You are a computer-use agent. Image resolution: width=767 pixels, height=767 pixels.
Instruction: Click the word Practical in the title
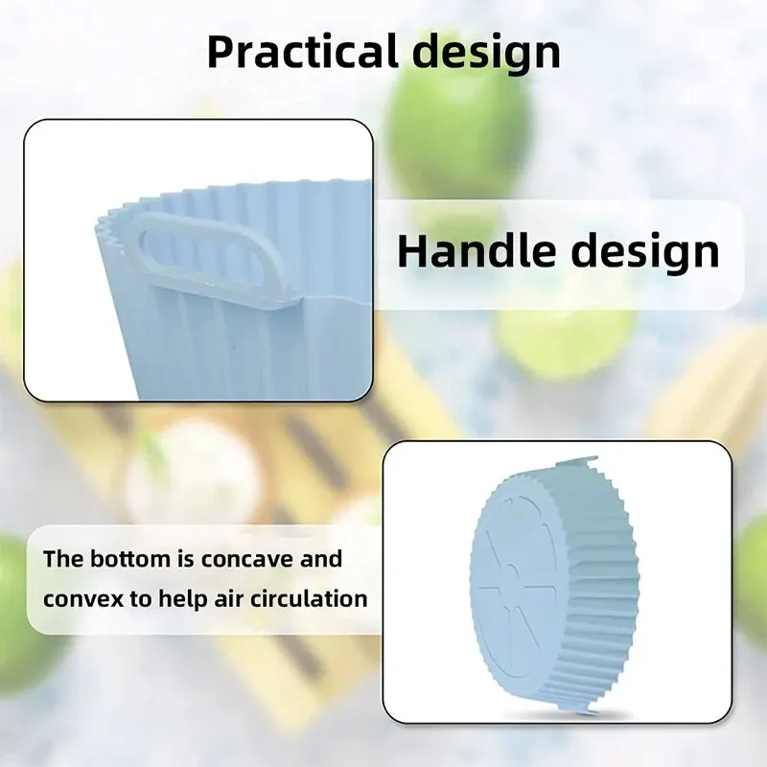tap(302, 52)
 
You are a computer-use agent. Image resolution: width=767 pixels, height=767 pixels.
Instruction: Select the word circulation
tap(309, 598)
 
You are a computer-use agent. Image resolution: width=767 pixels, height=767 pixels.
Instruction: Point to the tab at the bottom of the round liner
tap(580, 707)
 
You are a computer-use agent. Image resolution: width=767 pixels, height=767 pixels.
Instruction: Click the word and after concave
tap(321, 559)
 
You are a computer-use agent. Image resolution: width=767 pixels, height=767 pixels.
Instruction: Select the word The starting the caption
tap(63, 559)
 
